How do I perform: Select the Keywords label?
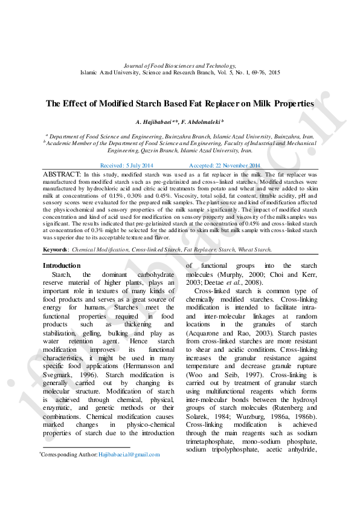point(56,250)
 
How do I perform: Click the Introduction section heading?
point(61,266)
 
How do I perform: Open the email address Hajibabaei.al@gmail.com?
point(129,454)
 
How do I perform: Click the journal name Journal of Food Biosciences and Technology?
point(179,65)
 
